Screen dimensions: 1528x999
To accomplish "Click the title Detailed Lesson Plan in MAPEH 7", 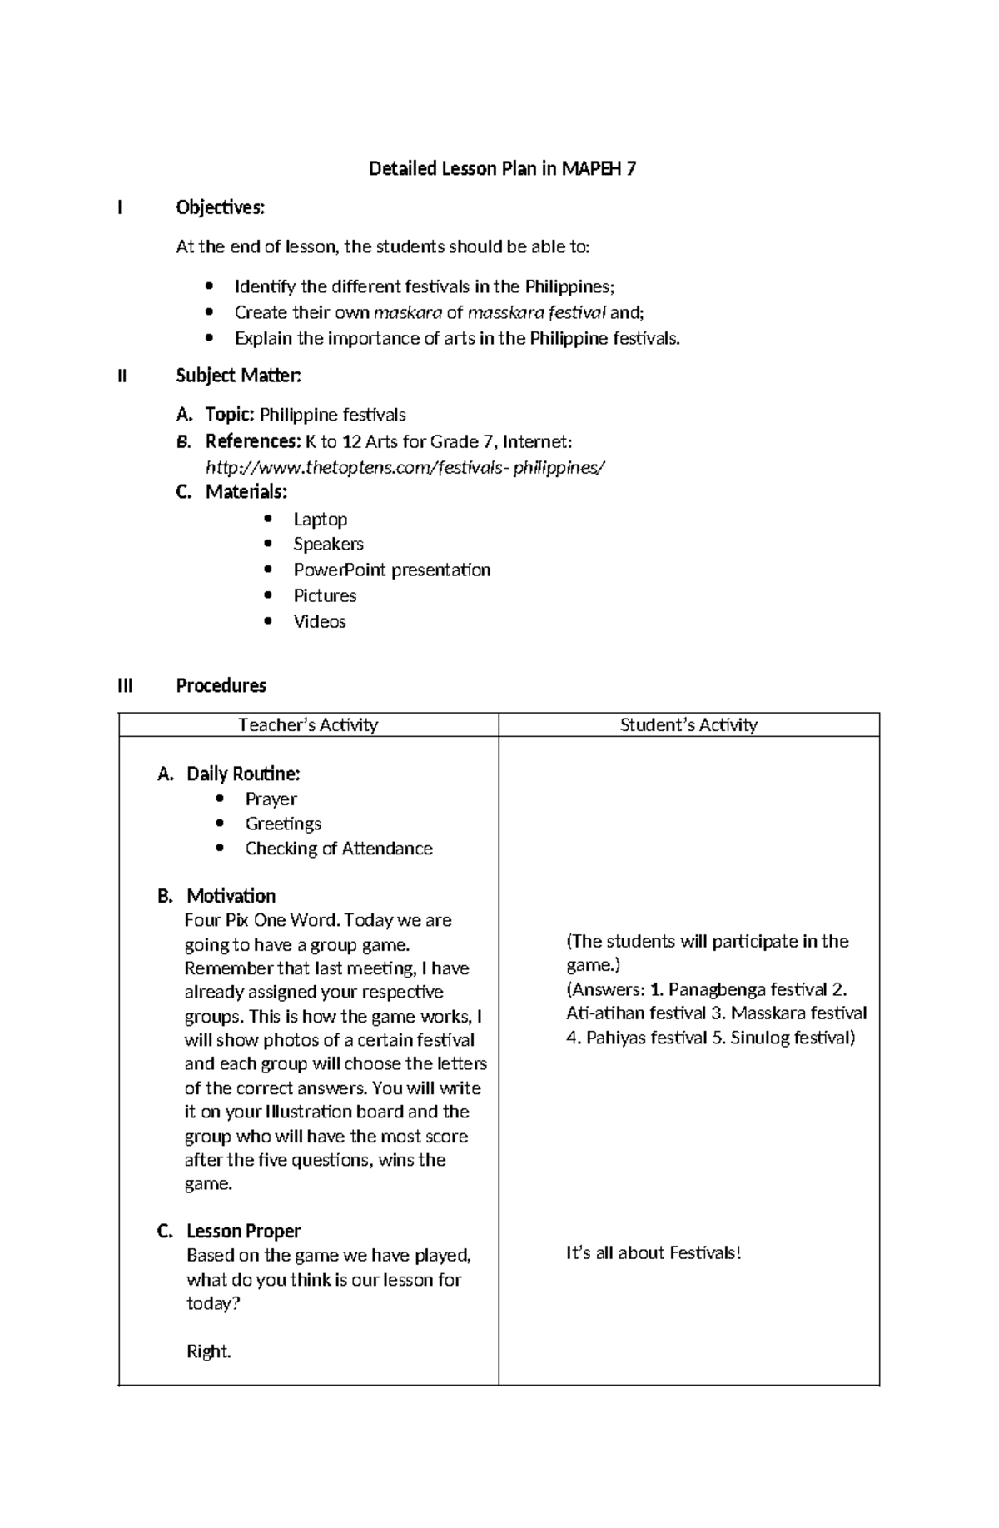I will pyautogui.click(x=502, y=169).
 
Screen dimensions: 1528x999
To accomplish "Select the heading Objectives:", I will pyautogui.click(x=220, y=207).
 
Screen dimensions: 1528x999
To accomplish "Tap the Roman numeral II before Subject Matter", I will pyautogui.click(x=122, y=376).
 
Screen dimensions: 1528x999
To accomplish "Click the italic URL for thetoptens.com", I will pyautogui.click(x=405, y=467).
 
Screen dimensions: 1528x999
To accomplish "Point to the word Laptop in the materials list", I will pyautogui.click(x=320, y=520).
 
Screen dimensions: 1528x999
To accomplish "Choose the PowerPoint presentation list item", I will pyautogui.click(x=391, y=570).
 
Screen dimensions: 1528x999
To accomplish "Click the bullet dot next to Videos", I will pyautogui.click(x=267, y=621).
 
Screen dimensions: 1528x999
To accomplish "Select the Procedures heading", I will pyautogui.click(x=221, y=686).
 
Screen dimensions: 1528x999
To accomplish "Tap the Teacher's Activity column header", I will pyautogui.click(x=308, y=725).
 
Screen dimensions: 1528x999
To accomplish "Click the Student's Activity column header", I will pyautogui.click(x=688, y=725).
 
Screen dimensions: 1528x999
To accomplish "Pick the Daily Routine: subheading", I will pyautogui.click(x=242, y=774).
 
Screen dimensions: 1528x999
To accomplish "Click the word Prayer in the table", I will pyautogui.click(x=271, y=799).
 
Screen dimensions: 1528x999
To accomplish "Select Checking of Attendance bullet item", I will pyautogui.click(x=339, y=849).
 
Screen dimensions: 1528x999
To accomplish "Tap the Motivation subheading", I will pyautogui.click(x=231, y=896).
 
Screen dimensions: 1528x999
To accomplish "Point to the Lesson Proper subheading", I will pyautogui.click(x=243, y=1231).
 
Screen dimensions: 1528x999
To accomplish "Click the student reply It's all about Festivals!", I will pyautogui.click(x=653, y=1253).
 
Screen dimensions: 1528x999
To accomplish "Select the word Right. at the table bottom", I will pyautogui.click(x=208, y=1351).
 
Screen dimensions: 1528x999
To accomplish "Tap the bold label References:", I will pyautogui.click(x=252, y=441).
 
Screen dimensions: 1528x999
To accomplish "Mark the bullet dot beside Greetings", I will pyautogui.click(x=220, y=824).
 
